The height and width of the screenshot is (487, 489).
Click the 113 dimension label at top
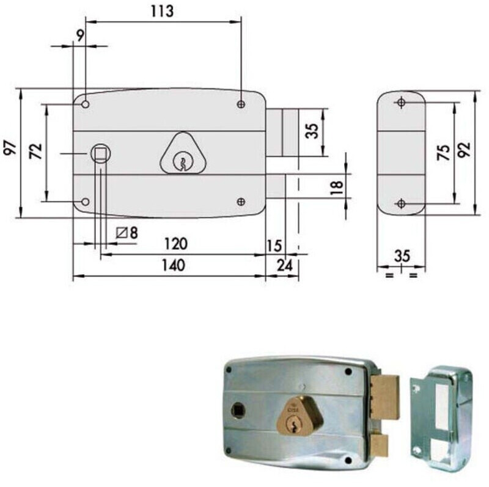(162, 12)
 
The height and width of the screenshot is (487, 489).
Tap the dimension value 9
(80, 35)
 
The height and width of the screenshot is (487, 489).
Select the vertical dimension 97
(10, 148)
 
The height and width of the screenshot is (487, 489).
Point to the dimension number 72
(35, 151)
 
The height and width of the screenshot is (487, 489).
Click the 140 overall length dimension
(174, 265)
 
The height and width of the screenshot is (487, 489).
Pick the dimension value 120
(176, 244)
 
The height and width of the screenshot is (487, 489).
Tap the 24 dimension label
(285, 265)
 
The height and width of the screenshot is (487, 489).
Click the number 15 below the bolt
(274, 246)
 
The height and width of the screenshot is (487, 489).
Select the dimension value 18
(337, 188)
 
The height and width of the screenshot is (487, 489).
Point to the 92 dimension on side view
(464, 150)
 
